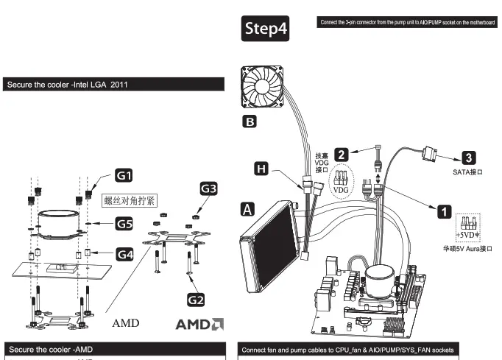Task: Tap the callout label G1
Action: pyautogui.click(x=124, y=175)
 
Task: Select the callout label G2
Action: pyautogui.click(x=195, y=299)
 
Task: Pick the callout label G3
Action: pyautogui.click(x=209, y=189)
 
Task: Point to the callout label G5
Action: pyautogui.click(x=124, y=222)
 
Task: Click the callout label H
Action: pyautogui.click(x=261, y=169)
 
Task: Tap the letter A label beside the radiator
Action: pyautogui.click(x=250, y=210)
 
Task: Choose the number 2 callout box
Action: pyautogui.click(x=341, y=154)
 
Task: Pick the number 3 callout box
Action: pyautogui.click(x=468, y=157)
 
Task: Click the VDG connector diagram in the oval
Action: pyautogui.click(x=341, y=181)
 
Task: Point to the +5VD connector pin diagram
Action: pyautogui.click(x=467, y=227)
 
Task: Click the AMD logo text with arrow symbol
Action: pyautogui.click(x=199, y=324)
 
